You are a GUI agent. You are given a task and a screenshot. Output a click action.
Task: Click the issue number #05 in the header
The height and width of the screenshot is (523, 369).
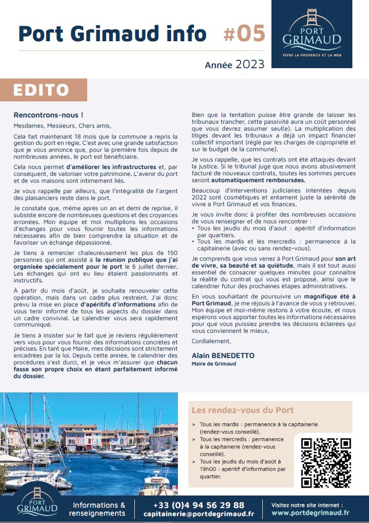pos(243,34)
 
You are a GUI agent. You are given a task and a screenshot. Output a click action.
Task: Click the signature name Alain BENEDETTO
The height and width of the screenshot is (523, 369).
pos(223,356)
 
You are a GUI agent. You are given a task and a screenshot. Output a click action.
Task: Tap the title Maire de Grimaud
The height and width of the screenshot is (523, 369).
pos(213,364)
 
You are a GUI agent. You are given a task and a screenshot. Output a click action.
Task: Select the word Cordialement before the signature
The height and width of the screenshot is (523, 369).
pos(211,341)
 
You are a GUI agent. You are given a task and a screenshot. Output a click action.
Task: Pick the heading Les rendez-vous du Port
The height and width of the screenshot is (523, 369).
pos(242,410)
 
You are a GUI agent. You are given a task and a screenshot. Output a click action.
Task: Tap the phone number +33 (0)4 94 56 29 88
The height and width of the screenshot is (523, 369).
pos(199,505)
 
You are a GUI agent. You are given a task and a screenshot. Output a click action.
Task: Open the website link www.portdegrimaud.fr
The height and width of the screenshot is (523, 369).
pos(310,513)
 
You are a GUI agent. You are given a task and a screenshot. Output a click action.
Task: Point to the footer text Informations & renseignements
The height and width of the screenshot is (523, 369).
pos(99,509)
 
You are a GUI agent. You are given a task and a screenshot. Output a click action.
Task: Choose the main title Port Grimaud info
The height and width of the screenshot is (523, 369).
pos(112,34)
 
